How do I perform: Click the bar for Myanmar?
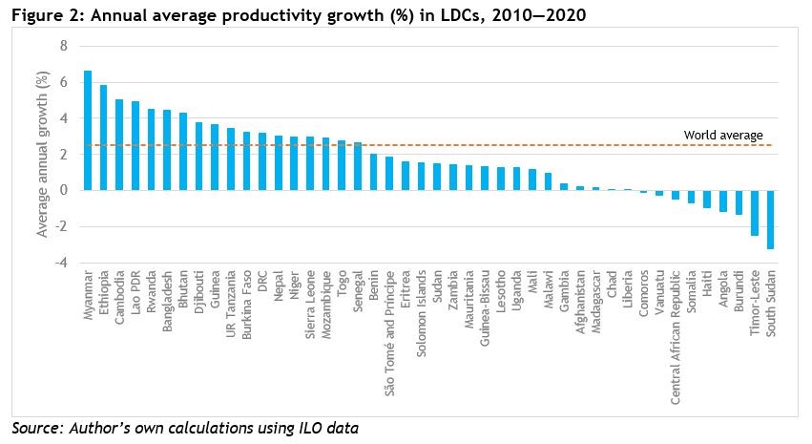pos(88,130)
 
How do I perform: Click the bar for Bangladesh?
pos(167,150)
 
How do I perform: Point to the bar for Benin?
pos(373,172)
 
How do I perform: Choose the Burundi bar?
pos(738,201)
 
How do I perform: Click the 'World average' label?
pos(723,136)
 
